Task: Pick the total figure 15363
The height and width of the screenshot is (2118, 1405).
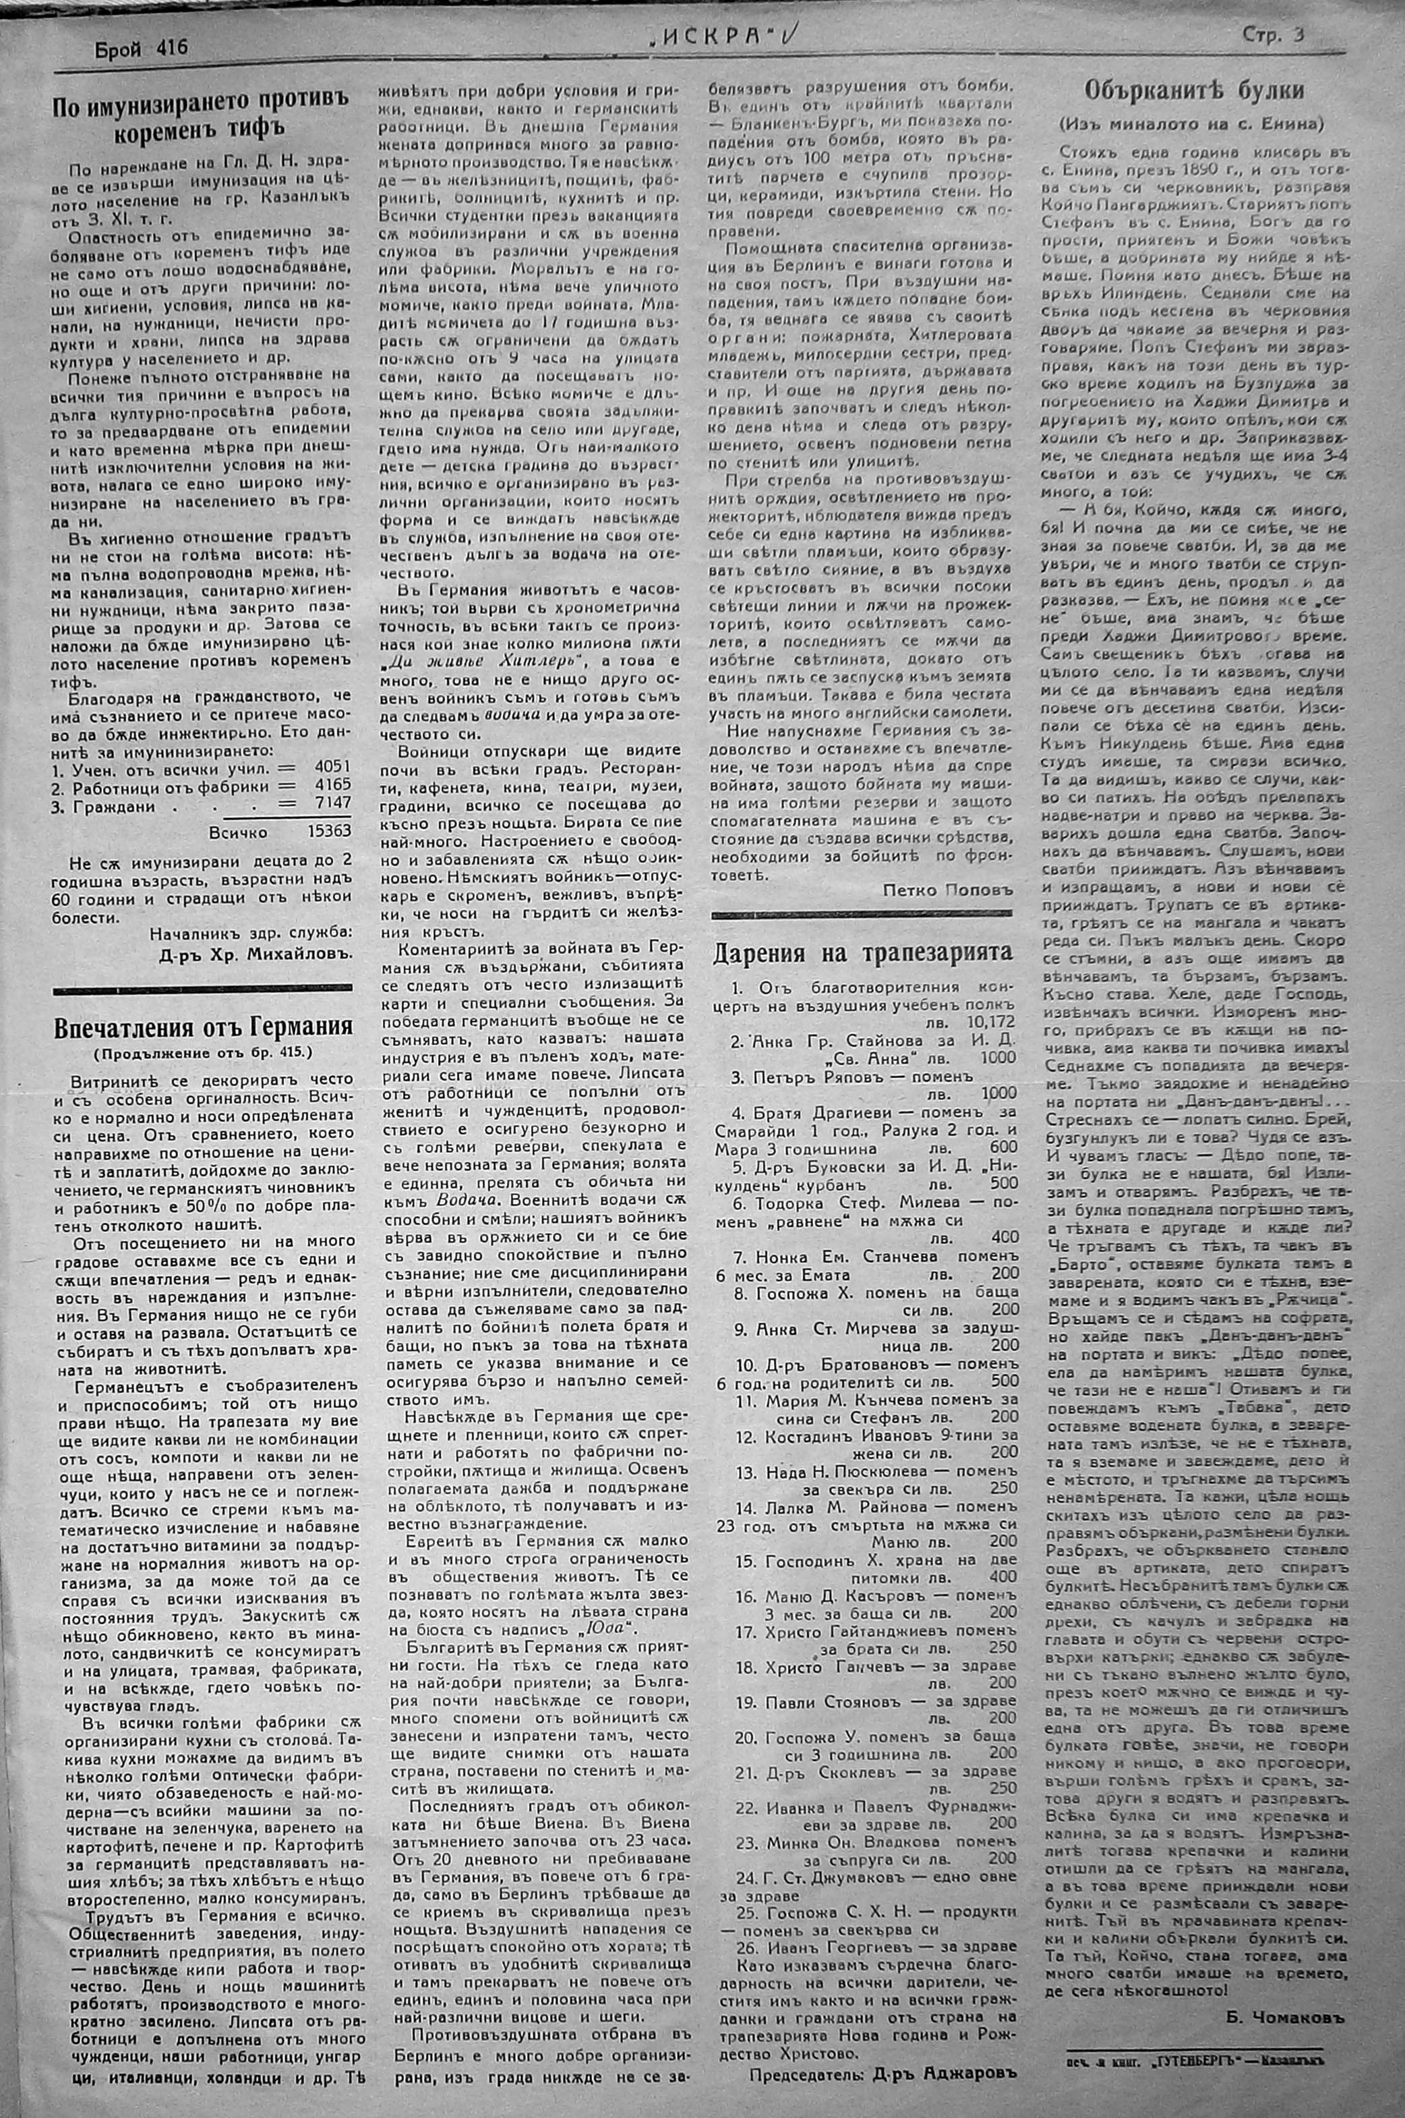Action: (327, 830)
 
